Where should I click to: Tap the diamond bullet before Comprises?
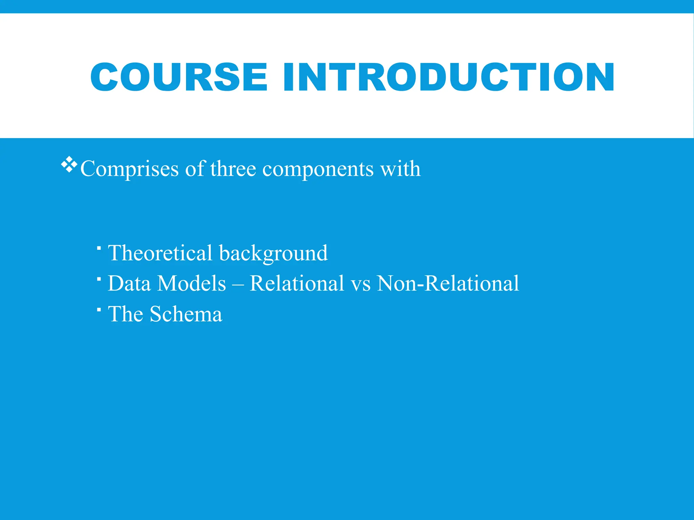coord(69,165)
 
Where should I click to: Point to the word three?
coord(233,168)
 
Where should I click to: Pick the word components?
coord(318,169)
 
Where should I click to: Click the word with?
coord(400,168)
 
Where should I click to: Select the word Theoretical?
coord(160,253)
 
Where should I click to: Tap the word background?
coord(273,254)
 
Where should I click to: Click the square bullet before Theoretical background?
coord(99,248)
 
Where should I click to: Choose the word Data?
coord(129,283)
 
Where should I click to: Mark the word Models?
coord(191,283)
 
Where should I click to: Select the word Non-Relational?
coord(448,283)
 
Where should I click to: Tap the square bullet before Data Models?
coord(99,279)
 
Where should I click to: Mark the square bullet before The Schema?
coord(99,309)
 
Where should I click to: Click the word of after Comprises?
coord(195,168)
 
